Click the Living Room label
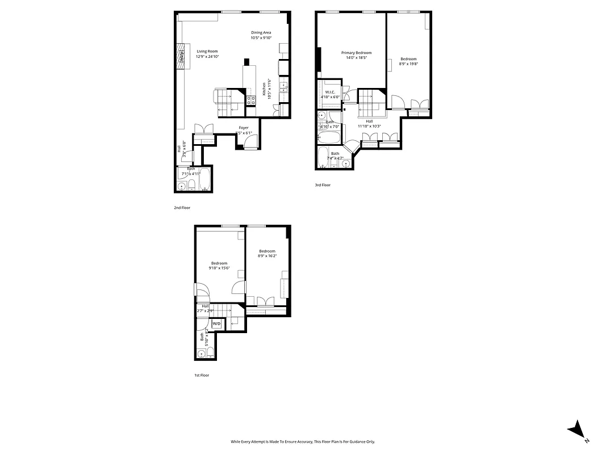(x=207, y=52)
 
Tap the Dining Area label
(x=261, y=32)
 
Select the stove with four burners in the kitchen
(x=250, y=100)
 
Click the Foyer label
(x=244, y=128)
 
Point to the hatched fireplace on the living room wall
(x=181, y=57)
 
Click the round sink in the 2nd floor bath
(x=182, y=186)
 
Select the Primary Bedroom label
(x=356, y=53)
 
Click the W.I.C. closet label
(x=330, y=92)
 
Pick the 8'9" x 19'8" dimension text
(x=408, y=64)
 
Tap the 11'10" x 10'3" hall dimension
(x=369, y=126)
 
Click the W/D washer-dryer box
(x=216, y=324)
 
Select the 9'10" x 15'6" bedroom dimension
(x=219, y=268)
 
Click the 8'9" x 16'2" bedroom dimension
(x=267, y=256)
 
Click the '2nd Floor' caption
(x=182, y=208)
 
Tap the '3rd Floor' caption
(x=323, y=185)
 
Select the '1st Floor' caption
(x=202, y=375)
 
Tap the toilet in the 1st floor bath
(x=210, y=354)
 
